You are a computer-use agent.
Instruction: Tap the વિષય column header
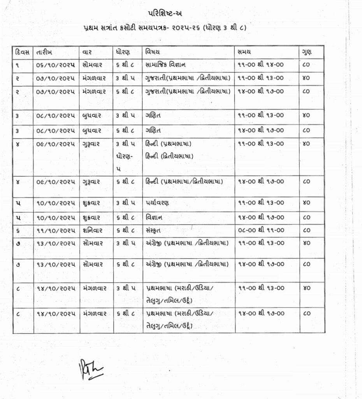153,52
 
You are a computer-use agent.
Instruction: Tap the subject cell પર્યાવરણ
158,203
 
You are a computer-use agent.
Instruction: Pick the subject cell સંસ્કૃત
155,230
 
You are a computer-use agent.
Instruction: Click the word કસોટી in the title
138,28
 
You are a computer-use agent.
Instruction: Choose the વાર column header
88,52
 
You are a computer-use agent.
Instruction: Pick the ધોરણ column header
123,52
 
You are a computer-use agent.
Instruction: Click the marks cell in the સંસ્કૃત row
306,230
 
